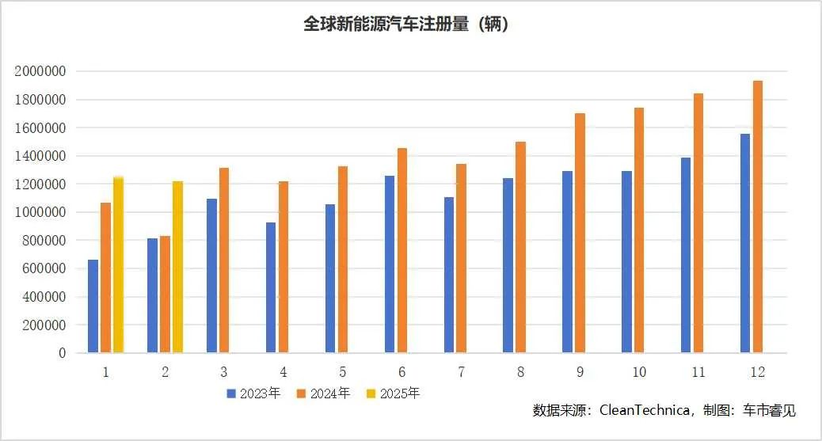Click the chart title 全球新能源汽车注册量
(x=405, y=25)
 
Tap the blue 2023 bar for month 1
(x=93, y=306)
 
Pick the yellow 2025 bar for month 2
(x=178, y=267)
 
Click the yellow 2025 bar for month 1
(x=119, y=264)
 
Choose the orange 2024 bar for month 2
(x=165, y=294)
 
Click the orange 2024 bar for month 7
(x=461, y=258)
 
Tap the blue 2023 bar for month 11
(x=686, y=255)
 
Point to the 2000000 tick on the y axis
(x=40, y=71)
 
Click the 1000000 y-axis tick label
(x=40, y=212)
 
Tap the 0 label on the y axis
(x=61, y=353)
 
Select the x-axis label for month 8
(x=520, y=372)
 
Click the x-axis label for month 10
(x=639, y=372)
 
